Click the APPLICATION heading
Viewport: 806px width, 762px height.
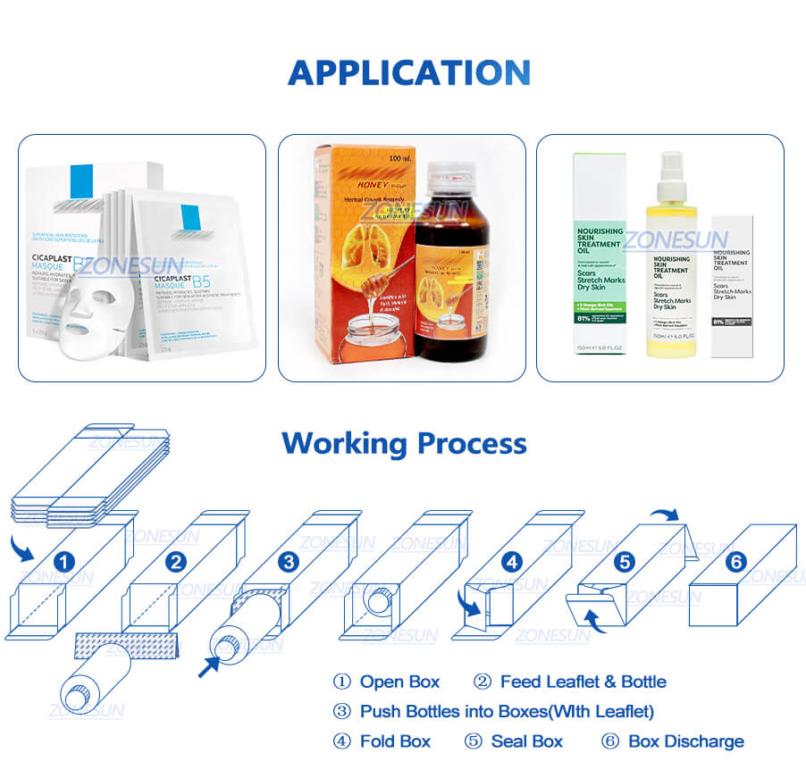tap(408, 73)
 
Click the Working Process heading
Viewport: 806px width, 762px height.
tap(404, 443)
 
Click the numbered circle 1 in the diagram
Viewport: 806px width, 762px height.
tap(64, 562)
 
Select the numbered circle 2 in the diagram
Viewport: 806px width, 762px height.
tap(176, 562)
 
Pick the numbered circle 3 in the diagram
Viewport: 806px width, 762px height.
tap(288, 562)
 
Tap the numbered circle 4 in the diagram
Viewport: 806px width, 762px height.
tap(511, 562)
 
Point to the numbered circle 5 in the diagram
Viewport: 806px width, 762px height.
tap(625, 562)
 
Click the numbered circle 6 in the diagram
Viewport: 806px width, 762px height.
tap(736, 562)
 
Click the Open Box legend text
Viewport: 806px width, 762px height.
tap(399, 682)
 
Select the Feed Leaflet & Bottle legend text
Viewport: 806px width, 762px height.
tap(583, 682)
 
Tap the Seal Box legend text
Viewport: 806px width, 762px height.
tap(526, 741)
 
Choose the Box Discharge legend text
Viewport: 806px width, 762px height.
tap(685, 741)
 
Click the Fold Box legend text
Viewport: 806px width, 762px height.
tap(394, 741)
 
